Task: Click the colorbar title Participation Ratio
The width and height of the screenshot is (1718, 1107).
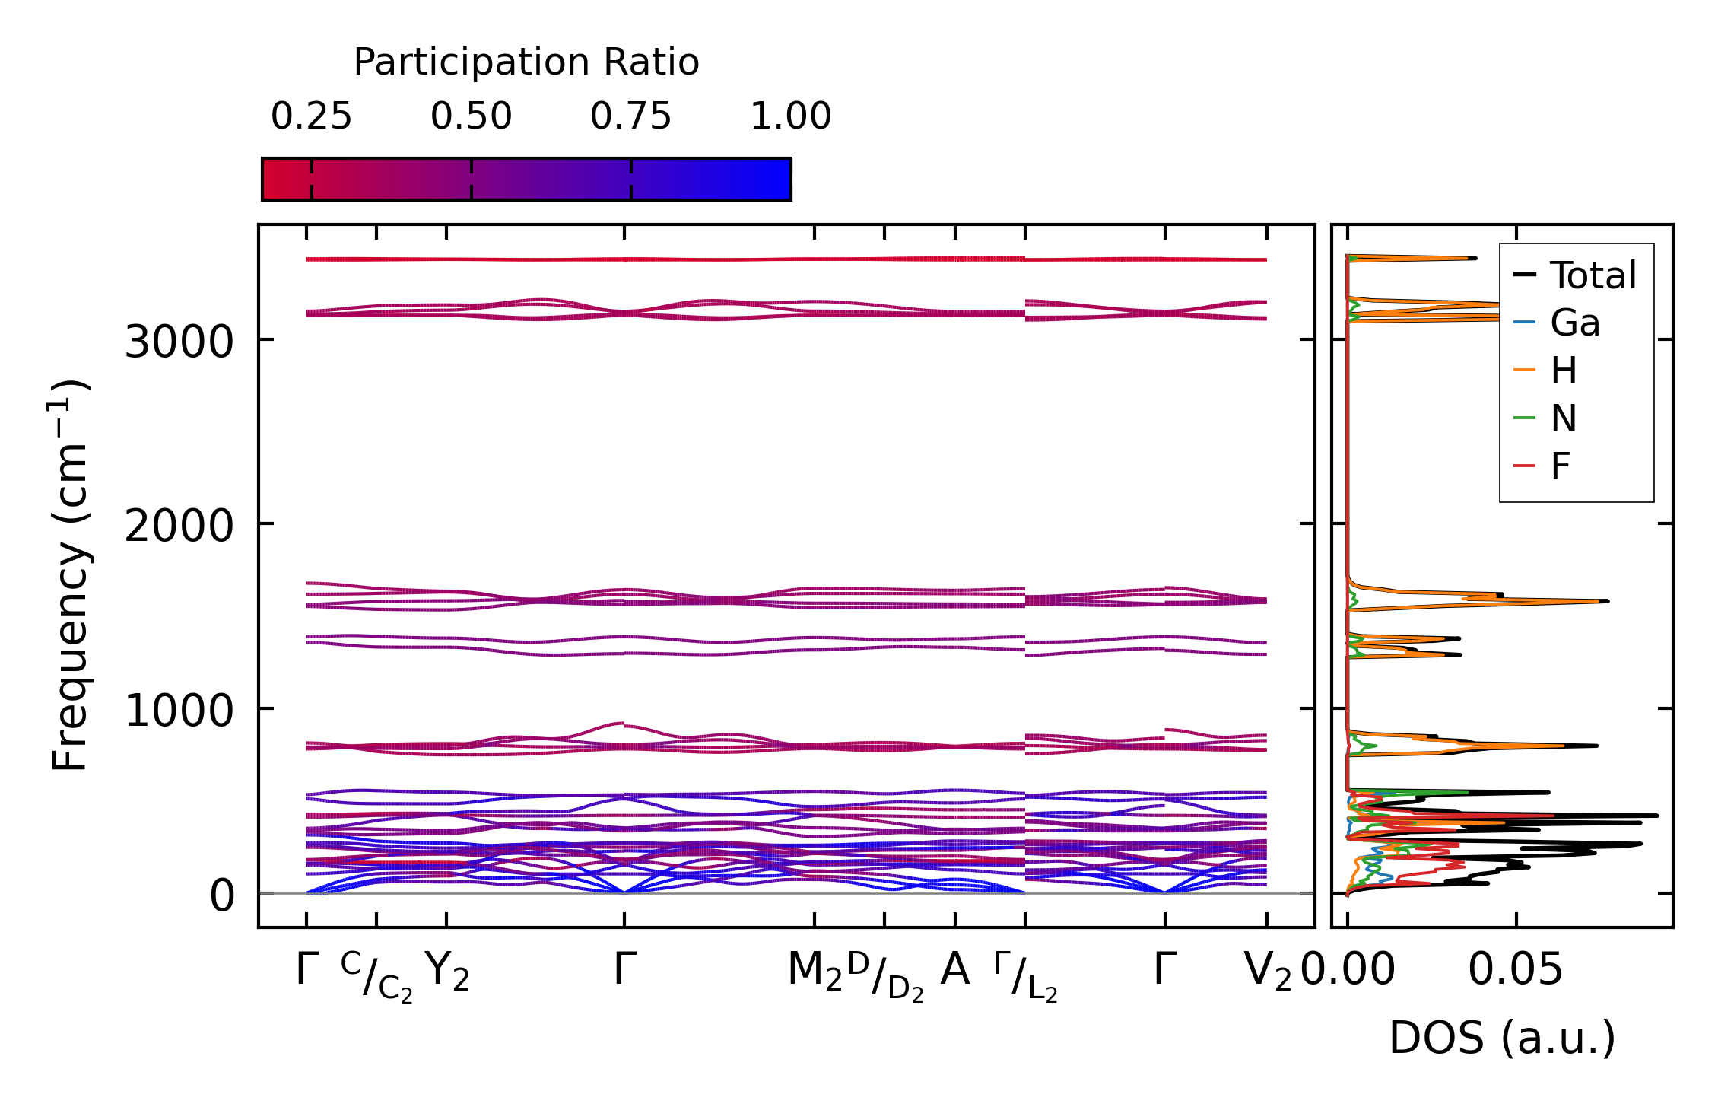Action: pyautogui.click(x=526, y=62)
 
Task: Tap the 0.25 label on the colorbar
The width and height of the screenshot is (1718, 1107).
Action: pyautogui.click(x=311, y=116)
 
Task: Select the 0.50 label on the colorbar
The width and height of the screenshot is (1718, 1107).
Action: pyautogui.click(x=471, y=116)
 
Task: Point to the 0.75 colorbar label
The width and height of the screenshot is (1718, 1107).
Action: pyautogui.click(x=630, y=116)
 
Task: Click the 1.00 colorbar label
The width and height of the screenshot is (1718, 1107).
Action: pyautogui.click(x=790, y=116)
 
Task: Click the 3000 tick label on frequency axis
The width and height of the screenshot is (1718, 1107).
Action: pyautogui.click(x=179, y=342)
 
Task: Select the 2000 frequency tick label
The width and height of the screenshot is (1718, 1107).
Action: pyautogui.click(x=179, y=526)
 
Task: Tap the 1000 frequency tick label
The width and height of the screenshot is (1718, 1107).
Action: pyautogui.click(x=179, y=711)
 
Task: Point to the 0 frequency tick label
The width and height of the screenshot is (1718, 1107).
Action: pyautogui.click(x=223, y=895)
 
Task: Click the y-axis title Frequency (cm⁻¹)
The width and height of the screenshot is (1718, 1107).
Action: pyautogui.click(x=70, y=575)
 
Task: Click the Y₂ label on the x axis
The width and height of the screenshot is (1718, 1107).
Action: pyautogui.click(x=446, y=972)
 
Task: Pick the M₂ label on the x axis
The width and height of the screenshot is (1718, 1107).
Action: pyautogui.click(x=815, y=972)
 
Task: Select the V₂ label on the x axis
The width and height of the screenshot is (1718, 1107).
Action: pyautogui.click(x=1267, y=972)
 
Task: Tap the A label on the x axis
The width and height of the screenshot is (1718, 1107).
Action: pyautogui.click(x=954, y=970)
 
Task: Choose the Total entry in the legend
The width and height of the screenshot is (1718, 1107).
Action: pyautogui.click(x=1593, y=275)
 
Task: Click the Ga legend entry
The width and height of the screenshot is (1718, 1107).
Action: pyautogui.click(x=1575, y=323)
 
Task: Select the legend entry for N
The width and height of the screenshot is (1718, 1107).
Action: pyautogui.click(x=1564, y=418)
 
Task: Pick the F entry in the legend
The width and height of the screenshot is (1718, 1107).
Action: pyautogui.click(x=1561, y=466)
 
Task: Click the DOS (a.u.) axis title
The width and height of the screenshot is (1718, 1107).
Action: pyautogui.click(x=1502, y=1039)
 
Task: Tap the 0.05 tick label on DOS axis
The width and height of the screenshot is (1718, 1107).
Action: pyautogui.click(x=1515, y=970)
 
